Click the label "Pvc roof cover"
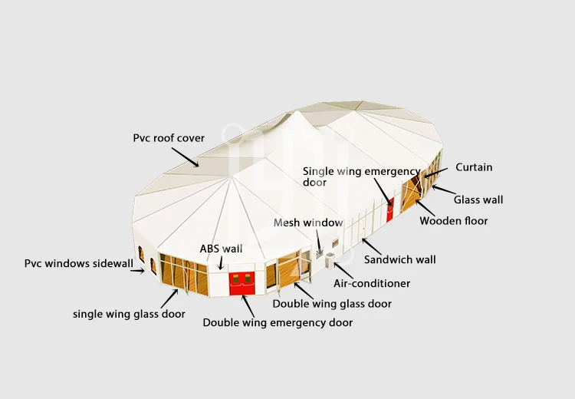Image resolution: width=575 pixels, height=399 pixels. [x=169, y=138]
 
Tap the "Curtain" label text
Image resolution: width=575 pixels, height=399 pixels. [x=474, y=167]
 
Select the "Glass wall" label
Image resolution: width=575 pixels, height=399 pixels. [x=478, y=199]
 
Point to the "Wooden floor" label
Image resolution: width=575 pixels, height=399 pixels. [x=453, y=221]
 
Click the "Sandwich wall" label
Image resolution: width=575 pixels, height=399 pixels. [x=399, y=259]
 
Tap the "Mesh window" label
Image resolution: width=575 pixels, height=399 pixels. [x=308, y=223]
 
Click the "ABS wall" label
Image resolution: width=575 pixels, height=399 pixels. [x=221, y=249]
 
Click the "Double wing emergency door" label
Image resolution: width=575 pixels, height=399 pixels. [x=278, y=323]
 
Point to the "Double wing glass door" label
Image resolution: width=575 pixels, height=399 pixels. [x=332, y=304]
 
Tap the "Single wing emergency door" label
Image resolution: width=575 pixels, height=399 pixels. [x=360, y=176]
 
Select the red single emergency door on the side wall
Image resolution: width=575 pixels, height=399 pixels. [x=390, y=209]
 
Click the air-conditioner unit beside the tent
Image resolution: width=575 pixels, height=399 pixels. [x=331, y=260]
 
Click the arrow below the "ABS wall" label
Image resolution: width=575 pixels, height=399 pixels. [x=222, y=262]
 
